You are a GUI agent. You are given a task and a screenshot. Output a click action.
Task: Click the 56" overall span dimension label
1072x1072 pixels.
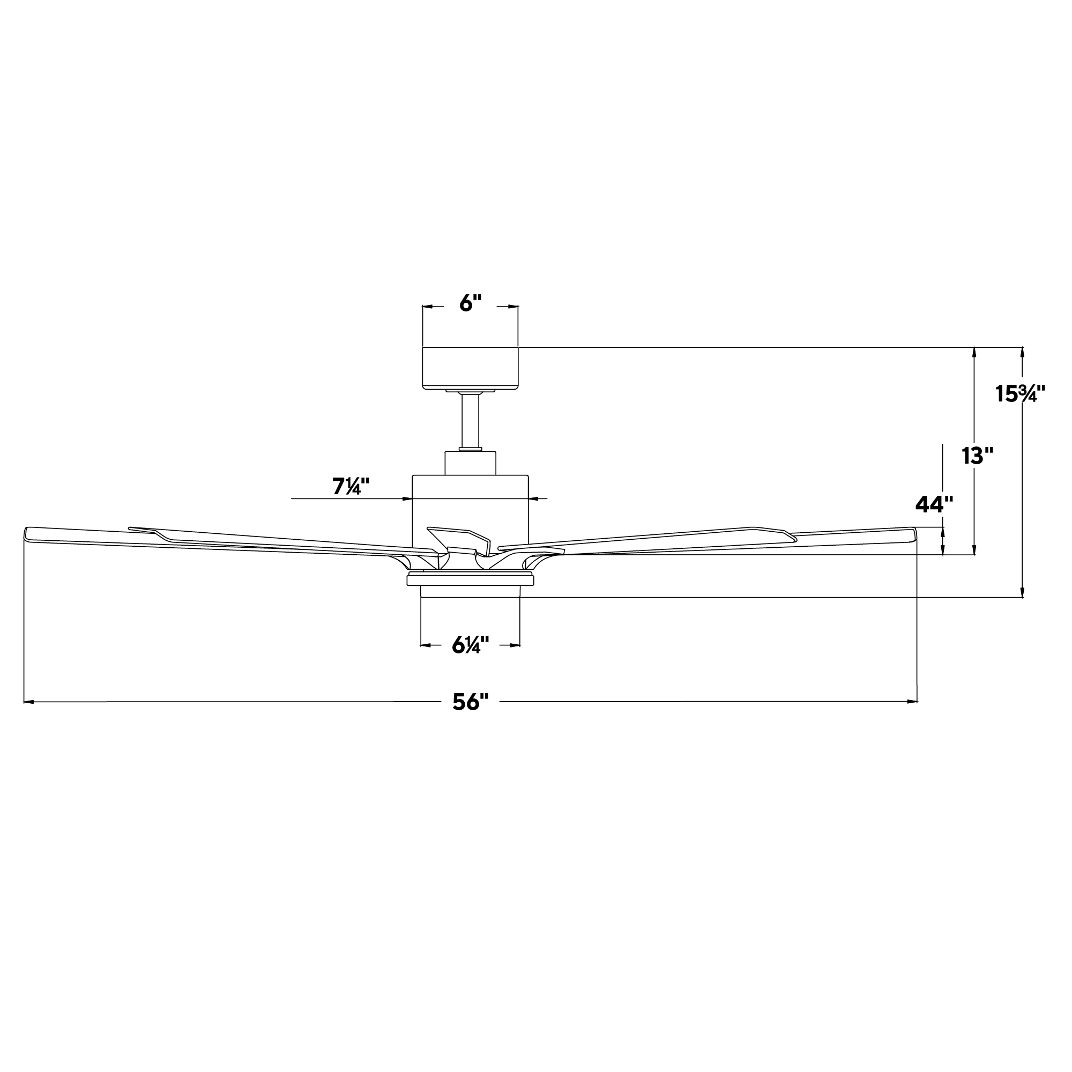(470, 702)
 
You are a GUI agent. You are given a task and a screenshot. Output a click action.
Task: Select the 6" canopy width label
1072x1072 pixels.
(470, 303)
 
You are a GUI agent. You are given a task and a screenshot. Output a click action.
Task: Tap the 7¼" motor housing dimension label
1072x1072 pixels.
(351, 487)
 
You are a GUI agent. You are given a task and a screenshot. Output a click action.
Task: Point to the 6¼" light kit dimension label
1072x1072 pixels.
(470, 645)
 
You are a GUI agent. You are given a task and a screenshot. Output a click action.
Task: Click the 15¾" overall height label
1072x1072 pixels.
(1020, 393)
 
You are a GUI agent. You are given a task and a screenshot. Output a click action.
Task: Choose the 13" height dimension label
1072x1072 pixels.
(977, 456)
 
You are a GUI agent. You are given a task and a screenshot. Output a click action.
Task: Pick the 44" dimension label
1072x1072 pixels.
(934, 504)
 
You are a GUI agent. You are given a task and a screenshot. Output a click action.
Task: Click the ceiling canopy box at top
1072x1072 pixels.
(470, 368)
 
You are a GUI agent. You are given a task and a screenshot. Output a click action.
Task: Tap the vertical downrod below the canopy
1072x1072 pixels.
(470, 420)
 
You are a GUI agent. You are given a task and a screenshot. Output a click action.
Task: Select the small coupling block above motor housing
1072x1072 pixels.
(470, 463)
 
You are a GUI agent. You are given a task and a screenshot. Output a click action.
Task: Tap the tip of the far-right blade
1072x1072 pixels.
(914, 534)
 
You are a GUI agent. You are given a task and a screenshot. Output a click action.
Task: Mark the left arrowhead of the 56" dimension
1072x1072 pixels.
(28, 702)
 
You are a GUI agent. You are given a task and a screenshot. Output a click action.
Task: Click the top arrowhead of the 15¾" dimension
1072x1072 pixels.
(1023, 351)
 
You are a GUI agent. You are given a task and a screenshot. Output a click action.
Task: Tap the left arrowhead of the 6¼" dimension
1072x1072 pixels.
(425, 645)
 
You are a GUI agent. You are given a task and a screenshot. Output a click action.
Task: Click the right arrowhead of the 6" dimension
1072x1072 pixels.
(514, 306)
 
